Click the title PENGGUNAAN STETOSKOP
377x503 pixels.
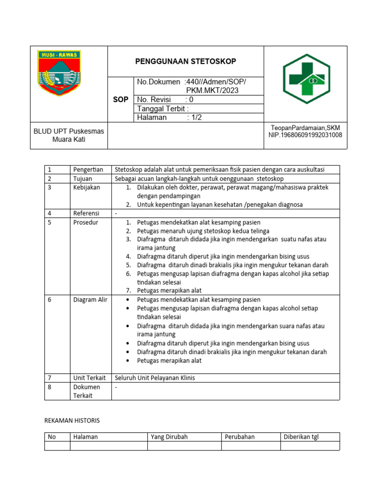[x=186, y=61]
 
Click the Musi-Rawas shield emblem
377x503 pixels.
[x=59, y=74]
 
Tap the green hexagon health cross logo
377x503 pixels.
[x=305, y=79]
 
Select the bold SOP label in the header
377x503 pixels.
[x=120, y=99]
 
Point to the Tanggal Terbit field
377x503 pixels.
[x=163, y=109]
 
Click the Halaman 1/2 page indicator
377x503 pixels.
[x=170, y=117]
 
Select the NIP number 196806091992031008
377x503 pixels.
[x=305, y=135]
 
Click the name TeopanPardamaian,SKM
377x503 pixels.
[x=305, y=127]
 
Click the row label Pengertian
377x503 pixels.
[x=88, y=169]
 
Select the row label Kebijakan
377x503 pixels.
[x=87, y=188]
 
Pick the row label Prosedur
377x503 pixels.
[x=86, y=223]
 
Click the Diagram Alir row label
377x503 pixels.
[x=90, y=300]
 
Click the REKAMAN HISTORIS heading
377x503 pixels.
[x=72, y=420]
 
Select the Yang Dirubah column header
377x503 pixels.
[x=169, y=437]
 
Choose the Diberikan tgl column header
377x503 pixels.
[x=301, y=437]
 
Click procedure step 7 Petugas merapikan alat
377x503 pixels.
[x=169, y=290]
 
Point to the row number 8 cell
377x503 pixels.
[x=50, y=387]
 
